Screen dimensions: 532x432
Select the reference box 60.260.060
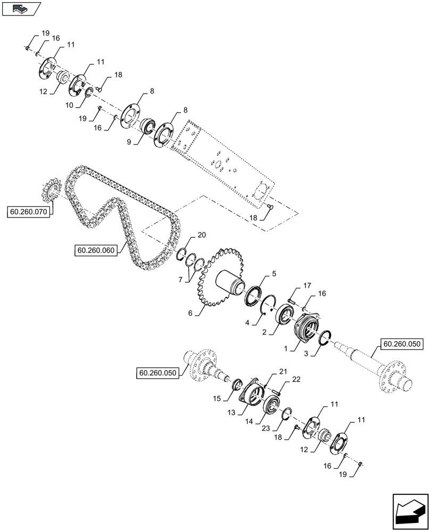coord(96,250)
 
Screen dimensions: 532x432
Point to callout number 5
coord(274,273)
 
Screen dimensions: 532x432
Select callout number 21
coord(283,371)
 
